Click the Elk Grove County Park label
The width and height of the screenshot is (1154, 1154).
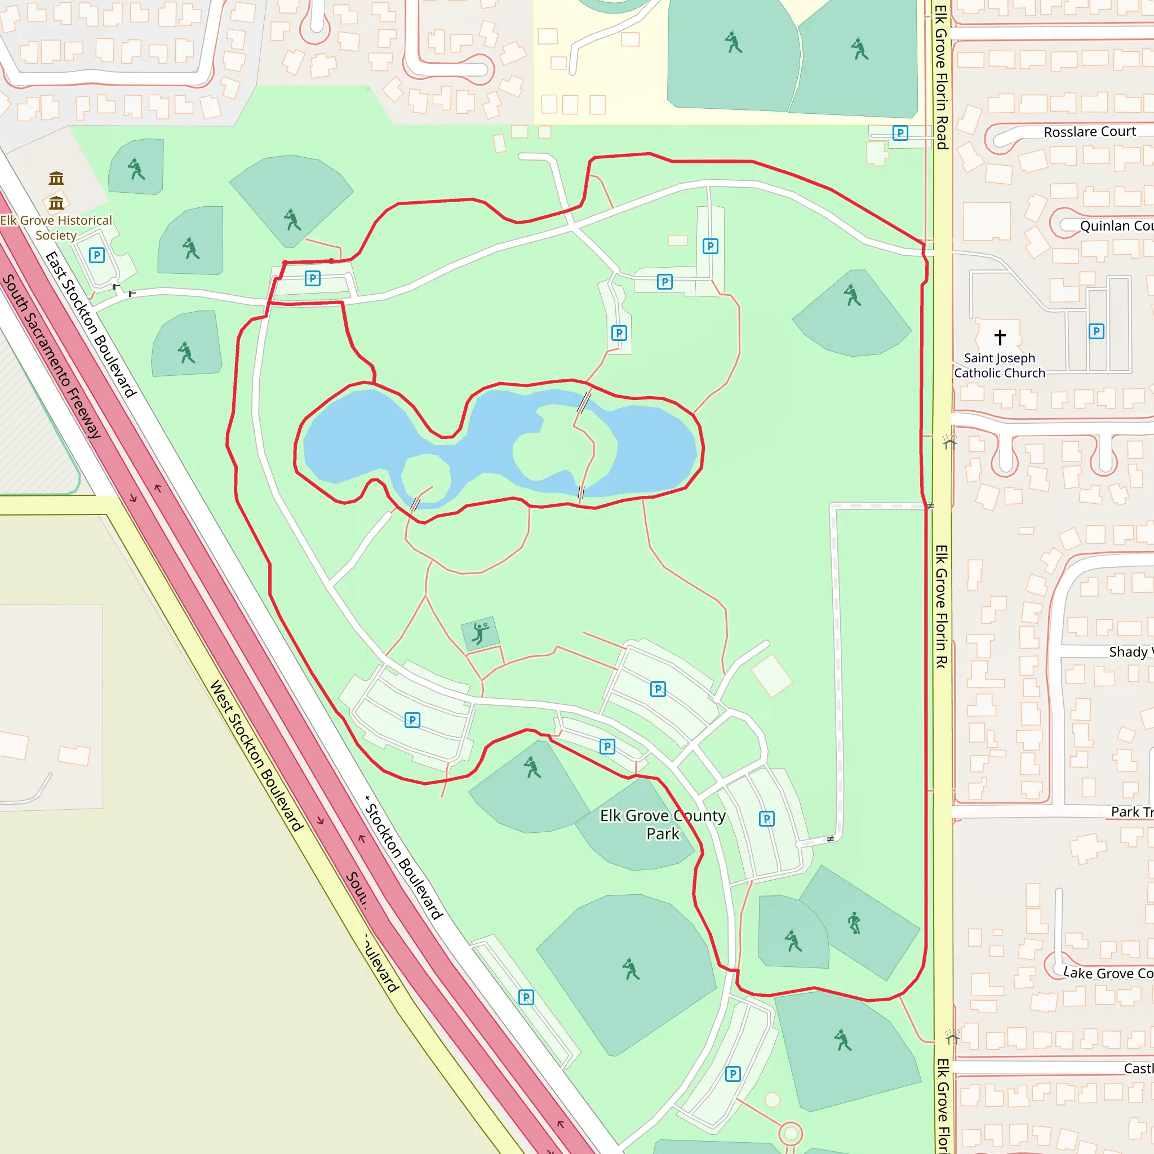click(663, 824)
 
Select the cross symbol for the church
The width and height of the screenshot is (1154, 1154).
click(1000, 338)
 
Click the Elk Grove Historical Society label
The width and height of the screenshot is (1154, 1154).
click(56, 228)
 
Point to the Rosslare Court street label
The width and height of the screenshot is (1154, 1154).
click(1090, 131)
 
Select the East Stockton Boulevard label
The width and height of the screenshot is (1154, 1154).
click(91, 325)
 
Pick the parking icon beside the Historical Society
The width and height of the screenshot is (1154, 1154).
click(97, 256)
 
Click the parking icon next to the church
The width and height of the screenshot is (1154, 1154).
click(1096, 331)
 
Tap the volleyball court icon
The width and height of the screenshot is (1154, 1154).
click(480, 633)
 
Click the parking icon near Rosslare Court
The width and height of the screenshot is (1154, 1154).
click(900, 132)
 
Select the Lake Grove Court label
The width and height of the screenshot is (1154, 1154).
click(1107, 973)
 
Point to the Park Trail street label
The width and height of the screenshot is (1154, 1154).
click(1131, 812)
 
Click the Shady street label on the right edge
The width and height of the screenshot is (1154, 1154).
click(1130, 652)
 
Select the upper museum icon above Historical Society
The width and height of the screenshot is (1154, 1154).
click(56, 178)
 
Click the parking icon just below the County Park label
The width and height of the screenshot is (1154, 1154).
click(766, 818)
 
